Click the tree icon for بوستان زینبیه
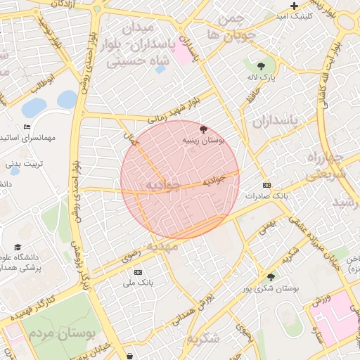204,129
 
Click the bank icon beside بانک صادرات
266,185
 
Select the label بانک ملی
138,283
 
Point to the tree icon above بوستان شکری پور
271,278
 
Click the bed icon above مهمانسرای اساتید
27,127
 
